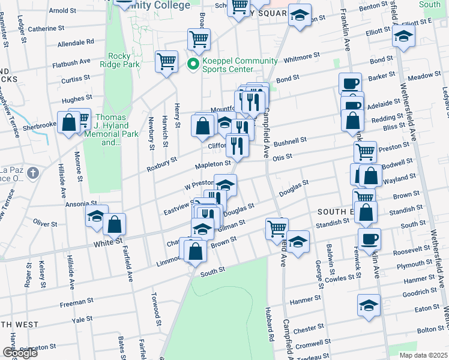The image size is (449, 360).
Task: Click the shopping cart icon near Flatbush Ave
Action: [166, 61]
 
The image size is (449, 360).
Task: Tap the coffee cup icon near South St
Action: [369, 238]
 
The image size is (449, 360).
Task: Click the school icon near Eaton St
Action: [369, 305]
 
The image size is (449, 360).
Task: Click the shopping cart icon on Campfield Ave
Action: [277, 227]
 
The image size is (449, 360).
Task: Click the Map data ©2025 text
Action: [423, 355]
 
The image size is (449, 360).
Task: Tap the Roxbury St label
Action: [161, 164]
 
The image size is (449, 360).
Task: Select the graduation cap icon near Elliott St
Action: [403, 35]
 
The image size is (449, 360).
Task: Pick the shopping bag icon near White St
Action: [114, 225]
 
